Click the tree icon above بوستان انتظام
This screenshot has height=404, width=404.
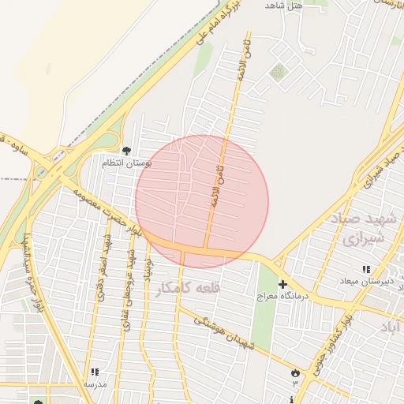(126, 150)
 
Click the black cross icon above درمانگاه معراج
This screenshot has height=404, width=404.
(282, 284)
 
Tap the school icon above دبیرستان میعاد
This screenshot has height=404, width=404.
(365, 270)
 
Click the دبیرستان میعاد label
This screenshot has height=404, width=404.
(360, 281)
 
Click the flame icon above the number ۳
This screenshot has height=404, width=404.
(296, 372)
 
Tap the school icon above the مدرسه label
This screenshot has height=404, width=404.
(95, 372)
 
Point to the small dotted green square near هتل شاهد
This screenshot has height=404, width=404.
(276, 73)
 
